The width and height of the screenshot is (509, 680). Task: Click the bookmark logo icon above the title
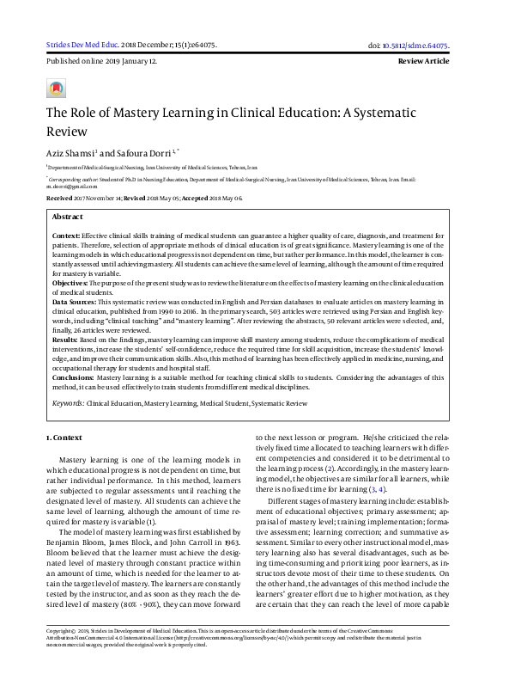click(x=55, y=88)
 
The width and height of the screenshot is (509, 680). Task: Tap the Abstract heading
click(x=68, y=217)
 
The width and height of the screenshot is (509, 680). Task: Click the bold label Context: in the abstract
click(x=67, y=235)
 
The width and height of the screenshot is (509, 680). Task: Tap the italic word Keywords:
click(x=68, y=402)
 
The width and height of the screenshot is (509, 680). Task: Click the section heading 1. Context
click(x=64, y=438)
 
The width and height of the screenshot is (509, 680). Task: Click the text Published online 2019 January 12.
click(x=100, y=63)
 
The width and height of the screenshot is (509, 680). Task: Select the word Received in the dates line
click(x=58, y=198)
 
